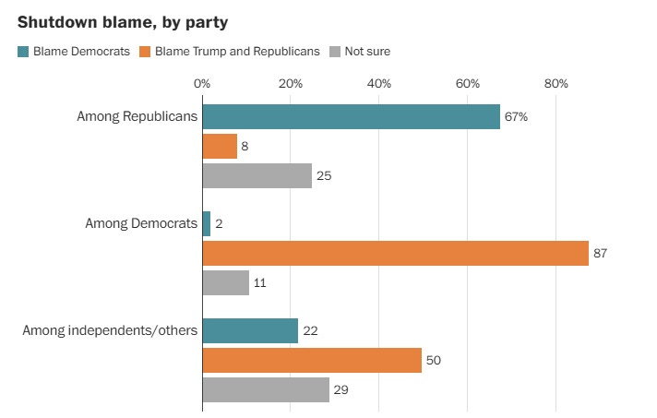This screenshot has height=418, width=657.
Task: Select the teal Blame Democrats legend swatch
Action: [x=23, y=52]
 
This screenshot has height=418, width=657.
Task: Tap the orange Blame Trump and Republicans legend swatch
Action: [x=146, y=52]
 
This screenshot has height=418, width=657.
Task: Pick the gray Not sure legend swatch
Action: [x=335, y=52]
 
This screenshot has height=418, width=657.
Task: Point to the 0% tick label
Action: [x=202, y=84]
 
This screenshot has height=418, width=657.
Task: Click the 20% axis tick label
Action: [x=291, y=84]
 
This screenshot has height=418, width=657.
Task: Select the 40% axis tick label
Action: [x=379, y=84]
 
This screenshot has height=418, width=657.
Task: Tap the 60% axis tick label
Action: [x=468, y=84]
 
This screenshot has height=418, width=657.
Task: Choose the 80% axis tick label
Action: [x=556, y=84]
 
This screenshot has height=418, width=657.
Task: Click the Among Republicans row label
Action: [x=138, y=116]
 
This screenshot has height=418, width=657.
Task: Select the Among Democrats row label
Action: [x=141, y=222]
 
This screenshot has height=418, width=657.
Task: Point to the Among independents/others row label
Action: [x=110, y=329]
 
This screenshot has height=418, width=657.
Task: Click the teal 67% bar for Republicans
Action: [x=351, y=116]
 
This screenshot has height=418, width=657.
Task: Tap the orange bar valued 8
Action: [x=220, y=146]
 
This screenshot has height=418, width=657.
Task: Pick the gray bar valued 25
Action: [x=257, y=175]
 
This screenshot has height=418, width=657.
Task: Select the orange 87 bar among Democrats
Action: [x=395, y=253]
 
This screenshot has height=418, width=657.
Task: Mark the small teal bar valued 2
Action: [x=207, y=223]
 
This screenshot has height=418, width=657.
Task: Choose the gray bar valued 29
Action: [x=266, y=390]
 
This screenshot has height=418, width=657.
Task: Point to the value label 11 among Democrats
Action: [x=259, y=283]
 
